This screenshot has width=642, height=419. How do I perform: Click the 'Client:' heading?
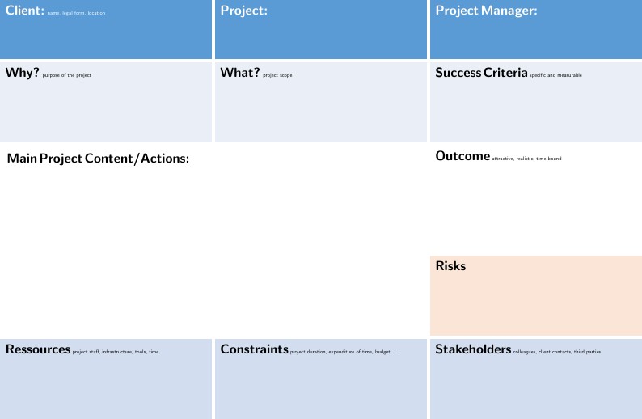24,11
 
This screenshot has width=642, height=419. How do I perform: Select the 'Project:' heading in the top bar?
243,11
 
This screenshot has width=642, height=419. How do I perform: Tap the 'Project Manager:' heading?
486,11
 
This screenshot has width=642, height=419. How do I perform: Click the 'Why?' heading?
22,73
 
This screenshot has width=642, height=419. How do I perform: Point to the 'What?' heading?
240,73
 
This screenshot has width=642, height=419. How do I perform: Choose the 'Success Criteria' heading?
481,73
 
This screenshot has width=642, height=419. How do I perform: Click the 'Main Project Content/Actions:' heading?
98,158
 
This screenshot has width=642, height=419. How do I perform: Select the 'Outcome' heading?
462,156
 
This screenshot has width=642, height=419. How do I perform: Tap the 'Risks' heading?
450,266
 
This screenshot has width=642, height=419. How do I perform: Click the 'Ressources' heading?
38,349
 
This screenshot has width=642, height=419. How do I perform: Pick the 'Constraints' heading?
254,349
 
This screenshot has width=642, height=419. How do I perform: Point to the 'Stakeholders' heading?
473,349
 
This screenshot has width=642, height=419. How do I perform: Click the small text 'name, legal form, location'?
76,13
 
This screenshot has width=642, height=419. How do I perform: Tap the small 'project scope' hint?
277,75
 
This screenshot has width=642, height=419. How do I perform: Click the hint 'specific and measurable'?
555,75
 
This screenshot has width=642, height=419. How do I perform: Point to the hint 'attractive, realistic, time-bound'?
526,159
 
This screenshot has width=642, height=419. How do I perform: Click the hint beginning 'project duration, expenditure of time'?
344,352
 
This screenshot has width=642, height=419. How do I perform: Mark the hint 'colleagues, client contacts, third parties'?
557,352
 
